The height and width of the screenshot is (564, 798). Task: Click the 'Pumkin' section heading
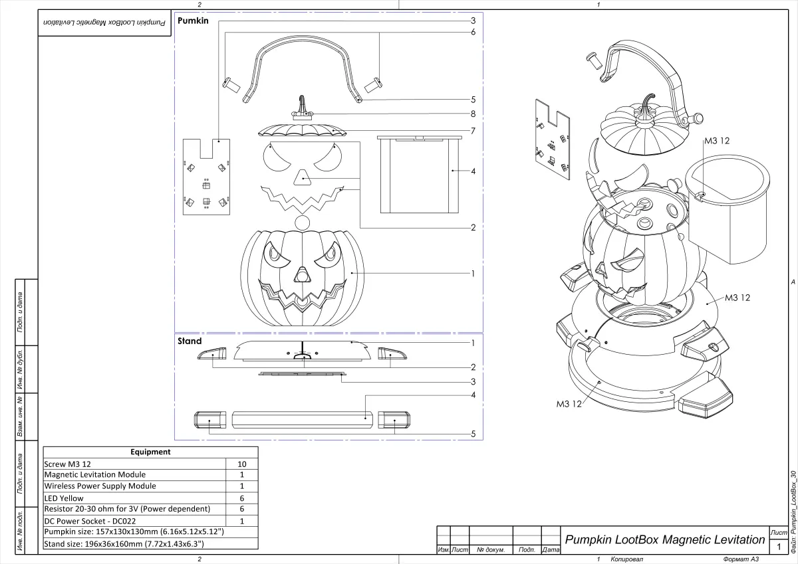coord(193,21)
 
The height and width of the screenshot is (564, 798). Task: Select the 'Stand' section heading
coord(190,341)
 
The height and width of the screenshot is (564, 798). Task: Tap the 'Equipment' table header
coord(150,452)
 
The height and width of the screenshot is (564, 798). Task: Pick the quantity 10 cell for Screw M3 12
coord(242,463)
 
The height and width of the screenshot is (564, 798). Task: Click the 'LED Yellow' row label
coord(64,498)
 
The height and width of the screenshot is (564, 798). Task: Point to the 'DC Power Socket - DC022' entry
coord(90,521)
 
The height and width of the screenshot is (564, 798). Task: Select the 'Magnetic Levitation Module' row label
coord(94,474)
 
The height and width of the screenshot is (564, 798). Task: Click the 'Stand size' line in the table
coord(123,543)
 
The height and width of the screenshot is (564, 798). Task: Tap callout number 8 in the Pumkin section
coord(473,114)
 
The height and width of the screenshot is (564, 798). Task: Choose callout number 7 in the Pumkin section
coord(473,131)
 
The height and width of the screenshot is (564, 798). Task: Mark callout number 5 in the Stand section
coord(473,434)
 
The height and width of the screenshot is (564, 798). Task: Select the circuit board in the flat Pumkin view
coord(206,178)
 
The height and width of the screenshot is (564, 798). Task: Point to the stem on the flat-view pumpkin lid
coord(303,106)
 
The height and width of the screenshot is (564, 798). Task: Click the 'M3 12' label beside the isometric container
coord(717,141)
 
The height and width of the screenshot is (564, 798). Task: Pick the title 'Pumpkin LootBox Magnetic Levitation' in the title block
coord(664,539)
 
